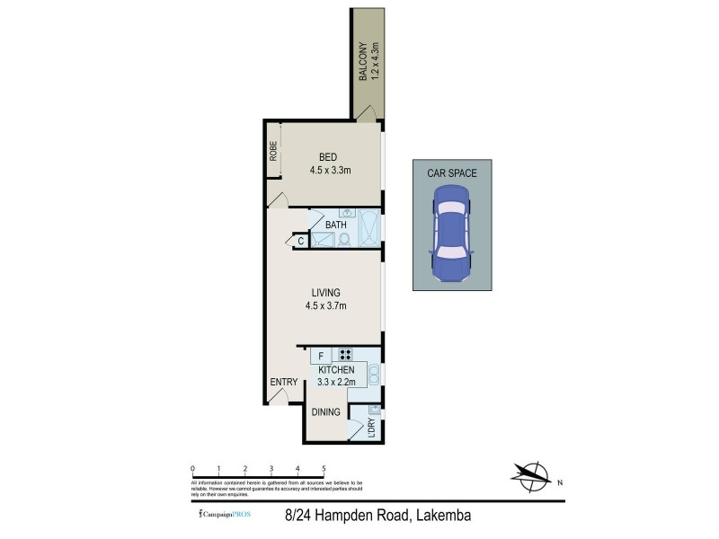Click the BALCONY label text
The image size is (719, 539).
363,62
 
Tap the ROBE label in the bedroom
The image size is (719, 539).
273,150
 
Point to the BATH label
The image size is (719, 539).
335,225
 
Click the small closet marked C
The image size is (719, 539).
300,240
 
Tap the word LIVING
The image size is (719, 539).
325,293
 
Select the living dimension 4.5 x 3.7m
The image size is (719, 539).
325,306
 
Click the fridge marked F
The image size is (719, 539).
321,356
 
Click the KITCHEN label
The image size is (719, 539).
336,370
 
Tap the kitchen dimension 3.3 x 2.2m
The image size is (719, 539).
336,382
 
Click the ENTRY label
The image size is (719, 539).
283,382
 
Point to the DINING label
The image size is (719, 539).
325,412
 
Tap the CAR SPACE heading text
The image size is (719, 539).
452,173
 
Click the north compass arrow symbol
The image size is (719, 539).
530,474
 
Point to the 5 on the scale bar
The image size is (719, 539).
324,469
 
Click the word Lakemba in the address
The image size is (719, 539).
442,516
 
